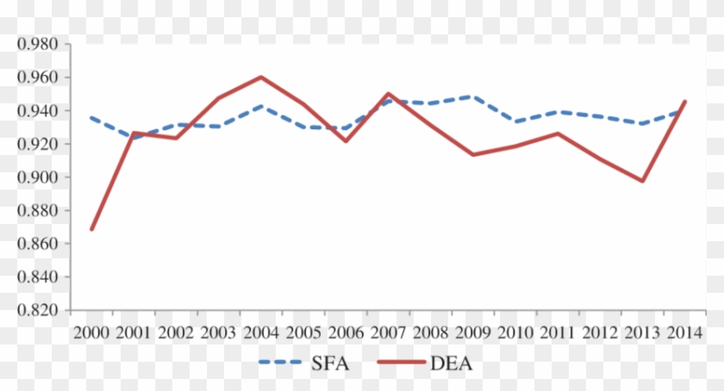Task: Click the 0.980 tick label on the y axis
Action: tap(36, 44)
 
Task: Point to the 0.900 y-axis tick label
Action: tap(36, 177)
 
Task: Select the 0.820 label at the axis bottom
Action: tap(36, 310)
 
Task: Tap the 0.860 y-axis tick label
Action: tap(36, 245)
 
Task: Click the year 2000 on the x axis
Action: tap(91, 332)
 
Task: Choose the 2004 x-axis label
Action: tap(261, 332)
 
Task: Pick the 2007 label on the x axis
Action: tap(389, 332)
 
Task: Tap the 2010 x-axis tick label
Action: tap(515, 332)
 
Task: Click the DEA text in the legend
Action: tap(451, 364)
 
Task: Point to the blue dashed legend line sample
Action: tap(287, 364)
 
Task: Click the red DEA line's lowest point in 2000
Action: tap(91, 229)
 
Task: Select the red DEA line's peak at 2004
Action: tap(261, 77)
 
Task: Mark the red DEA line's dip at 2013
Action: tap(642, 181)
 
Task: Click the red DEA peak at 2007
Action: tap(389, 93)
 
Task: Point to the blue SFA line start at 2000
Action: tap(91, 117)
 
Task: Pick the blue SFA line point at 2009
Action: tap(473, 96)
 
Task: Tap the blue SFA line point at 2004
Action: tap(261, 106)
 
